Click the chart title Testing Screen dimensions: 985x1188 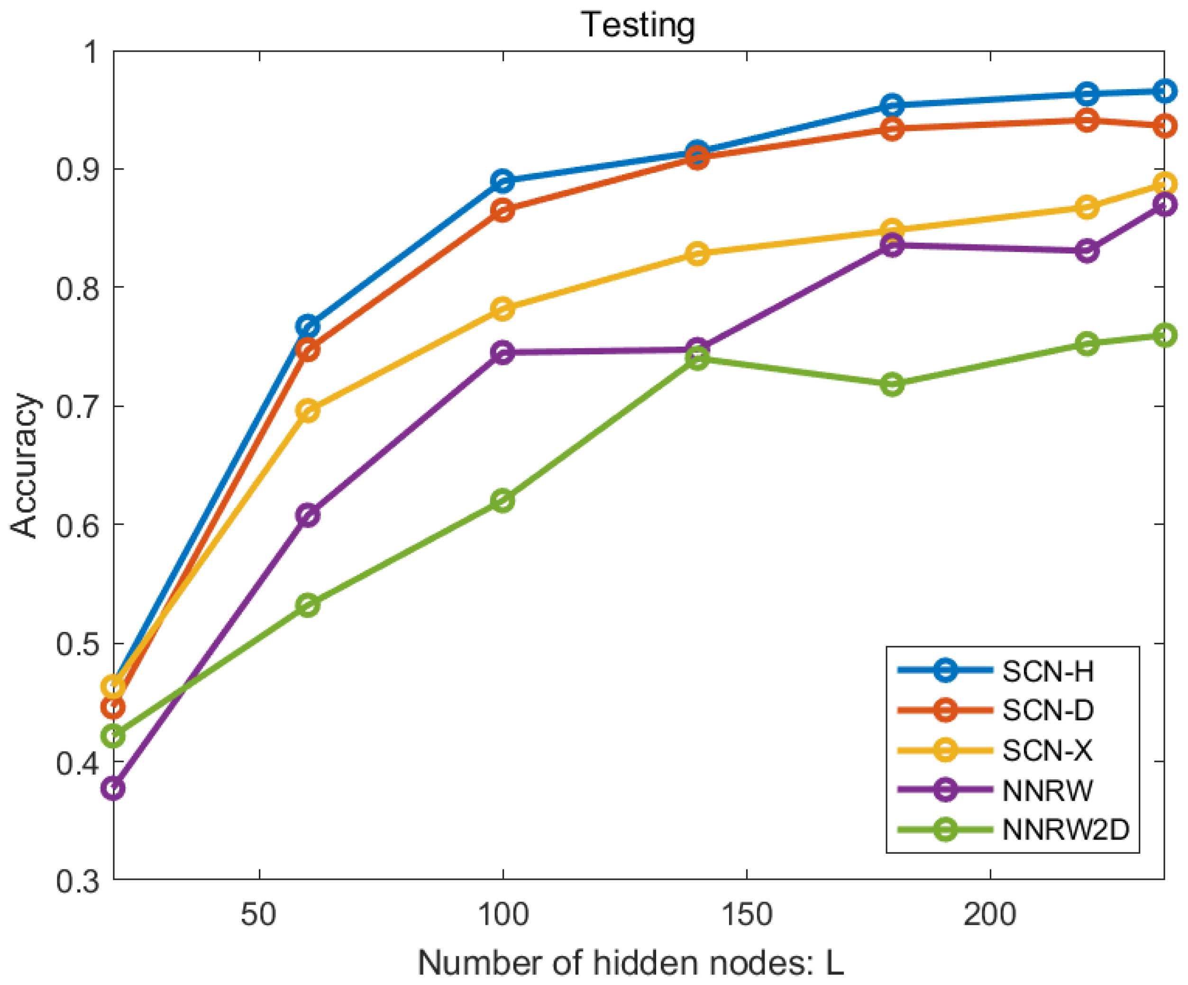pos(638,26)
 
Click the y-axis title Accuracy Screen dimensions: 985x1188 pos(24,465)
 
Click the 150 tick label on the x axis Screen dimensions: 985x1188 pos(747,914)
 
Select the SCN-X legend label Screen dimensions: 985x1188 pos(1047,751)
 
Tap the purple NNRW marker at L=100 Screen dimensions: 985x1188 pos(503,352)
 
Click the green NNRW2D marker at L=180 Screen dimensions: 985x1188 pos(892,385)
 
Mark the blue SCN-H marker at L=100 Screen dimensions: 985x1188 pos(503,181)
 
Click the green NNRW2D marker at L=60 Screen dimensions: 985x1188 pos(308,605)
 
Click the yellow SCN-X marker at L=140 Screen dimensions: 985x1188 pos(697,253)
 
